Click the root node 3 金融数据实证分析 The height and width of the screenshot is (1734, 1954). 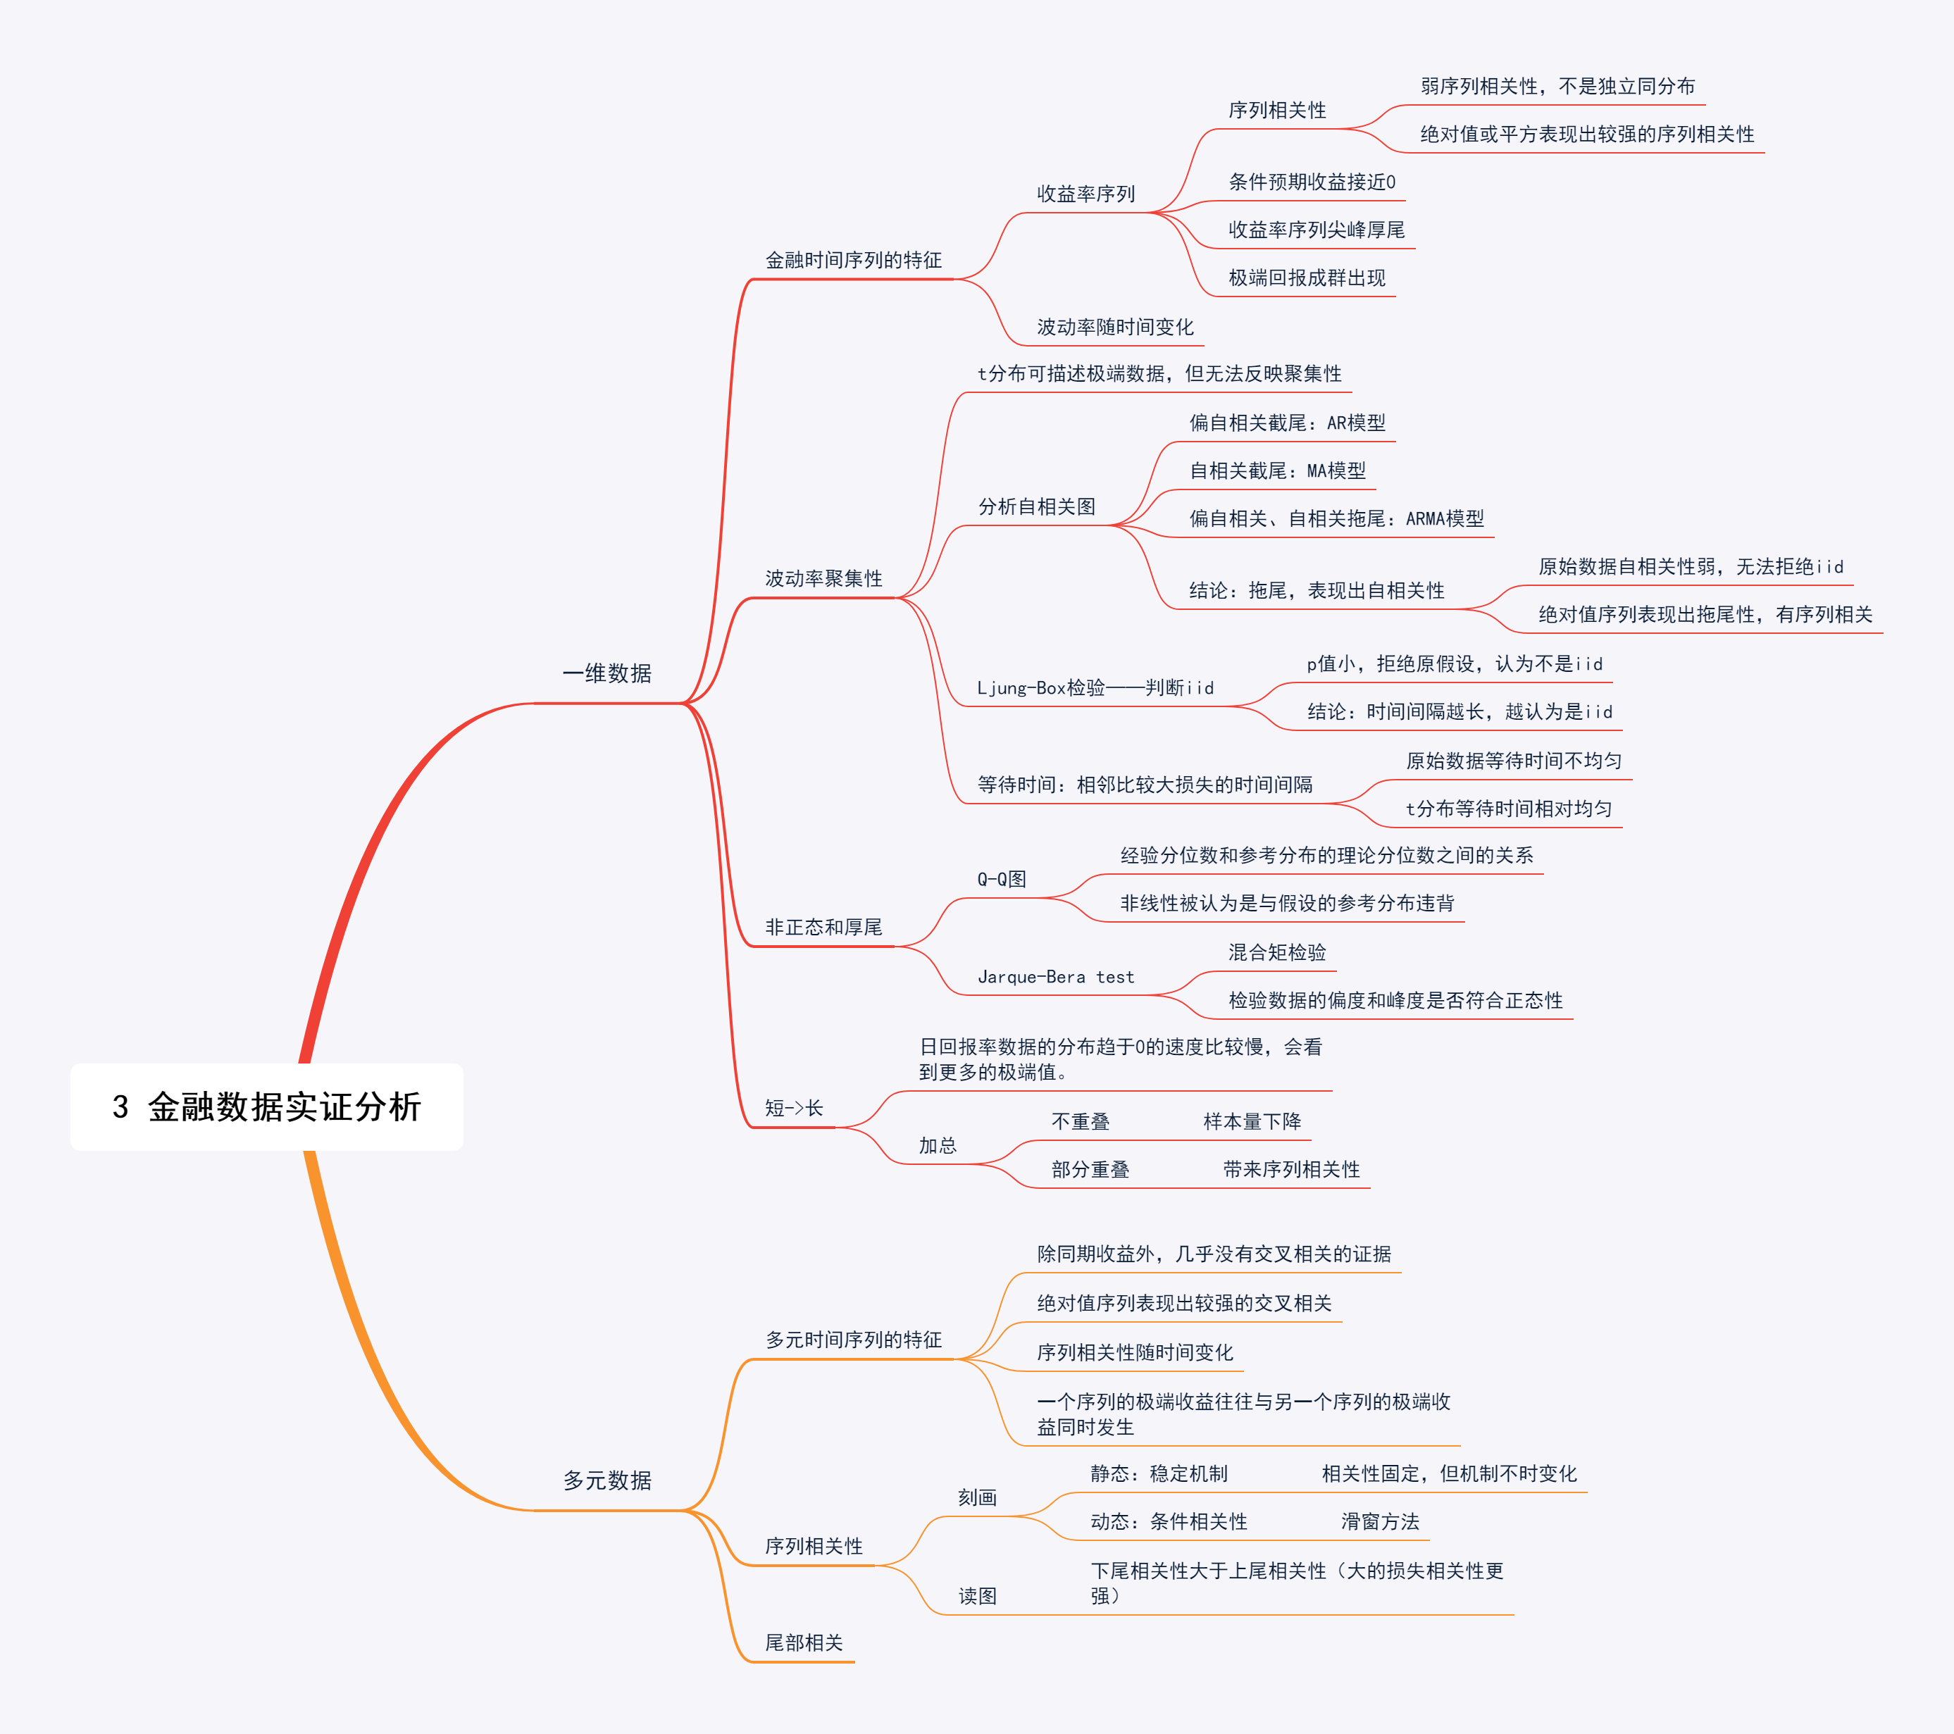coord(267,1107)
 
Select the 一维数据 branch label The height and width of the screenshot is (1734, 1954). coord(607,674)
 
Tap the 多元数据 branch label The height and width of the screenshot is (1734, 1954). coord(607,1480)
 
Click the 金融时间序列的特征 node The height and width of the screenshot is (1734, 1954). coord(853,260)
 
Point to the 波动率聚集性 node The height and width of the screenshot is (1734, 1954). coord(823,578)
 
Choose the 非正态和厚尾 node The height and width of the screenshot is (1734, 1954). coord(823,928)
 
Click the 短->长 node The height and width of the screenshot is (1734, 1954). coord(793,1108)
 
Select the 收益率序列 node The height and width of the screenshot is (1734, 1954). coord(1086,194)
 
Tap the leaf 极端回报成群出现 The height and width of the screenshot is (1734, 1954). coord(1306,278)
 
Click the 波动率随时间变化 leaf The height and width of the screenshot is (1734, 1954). coord(1114,327)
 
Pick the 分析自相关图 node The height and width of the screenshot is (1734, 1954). coord(1036,506)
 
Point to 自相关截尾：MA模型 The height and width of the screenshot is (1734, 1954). coord(1277,470)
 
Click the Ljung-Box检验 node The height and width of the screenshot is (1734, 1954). coord(1095,687)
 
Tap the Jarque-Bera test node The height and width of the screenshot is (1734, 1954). coord(1055,977)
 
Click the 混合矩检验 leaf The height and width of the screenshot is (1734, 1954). coord(1277,952)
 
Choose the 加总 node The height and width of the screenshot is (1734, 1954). coord(937,1145)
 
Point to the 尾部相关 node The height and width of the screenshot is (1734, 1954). coord(803,1642)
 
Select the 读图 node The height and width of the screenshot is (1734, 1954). coord(977,1595)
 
